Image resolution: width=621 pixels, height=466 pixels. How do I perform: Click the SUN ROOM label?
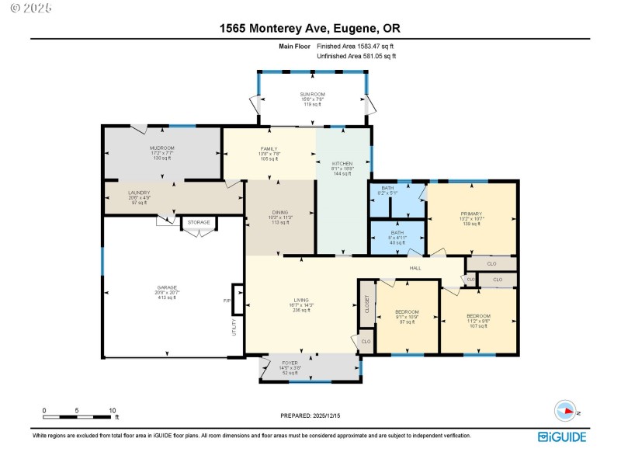[x=311, y=94]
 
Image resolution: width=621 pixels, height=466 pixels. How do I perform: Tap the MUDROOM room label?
[x=162, y=148]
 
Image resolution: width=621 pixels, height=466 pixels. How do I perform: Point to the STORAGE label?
[x=198, y=223]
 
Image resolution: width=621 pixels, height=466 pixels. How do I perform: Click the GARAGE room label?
[x=167, y=287]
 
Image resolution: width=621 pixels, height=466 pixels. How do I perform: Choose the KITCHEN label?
[x=342, y=164]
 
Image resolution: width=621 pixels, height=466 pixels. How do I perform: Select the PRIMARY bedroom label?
[x=471, y=214]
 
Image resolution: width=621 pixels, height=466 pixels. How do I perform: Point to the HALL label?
[x=415, y=268]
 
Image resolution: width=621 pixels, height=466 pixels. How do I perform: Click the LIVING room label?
[x=302, y=299]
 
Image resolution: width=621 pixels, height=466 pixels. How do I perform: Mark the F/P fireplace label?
[x=227, y=300]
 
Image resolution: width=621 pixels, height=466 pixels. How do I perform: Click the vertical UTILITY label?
[x=234, y=328]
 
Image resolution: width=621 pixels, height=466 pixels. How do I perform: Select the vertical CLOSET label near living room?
[x=366, y=306]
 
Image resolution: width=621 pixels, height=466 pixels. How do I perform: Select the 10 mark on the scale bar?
[x=113, y=410]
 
